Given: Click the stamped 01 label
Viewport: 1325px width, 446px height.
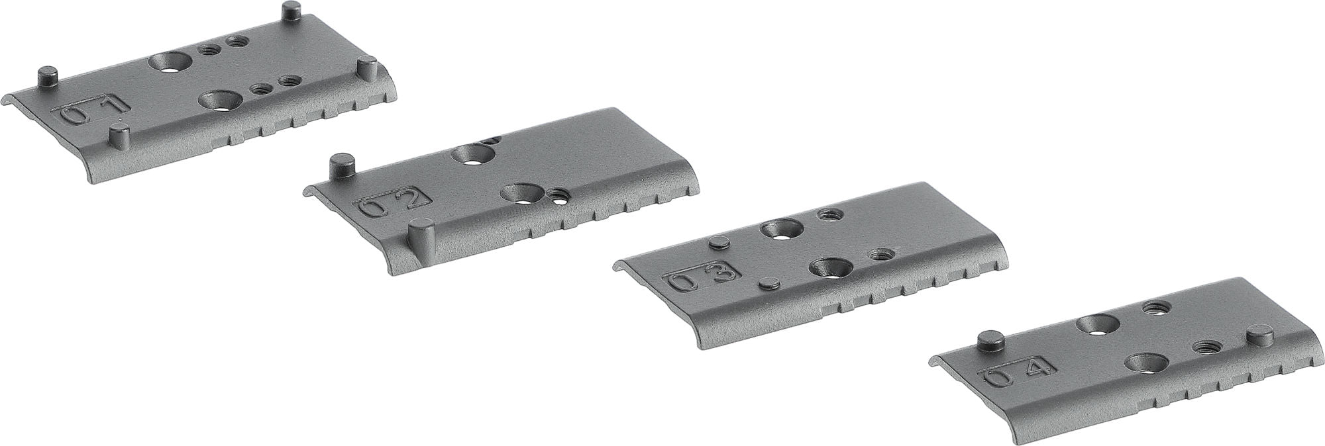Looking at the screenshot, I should pos(93,110).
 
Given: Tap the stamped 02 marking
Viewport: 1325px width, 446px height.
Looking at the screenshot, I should pos(394,201).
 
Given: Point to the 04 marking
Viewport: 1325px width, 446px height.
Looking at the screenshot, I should pos(1014,371).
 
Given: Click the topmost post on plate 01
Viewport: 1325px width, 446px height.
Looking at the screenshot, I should pos(290,11).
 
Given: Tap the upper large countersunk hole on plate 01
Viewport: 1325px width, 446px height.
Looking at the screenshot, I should pos(170,62).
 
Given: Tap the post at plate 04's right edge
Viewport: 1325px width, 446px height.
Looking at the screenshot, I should pos(1256,336).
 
